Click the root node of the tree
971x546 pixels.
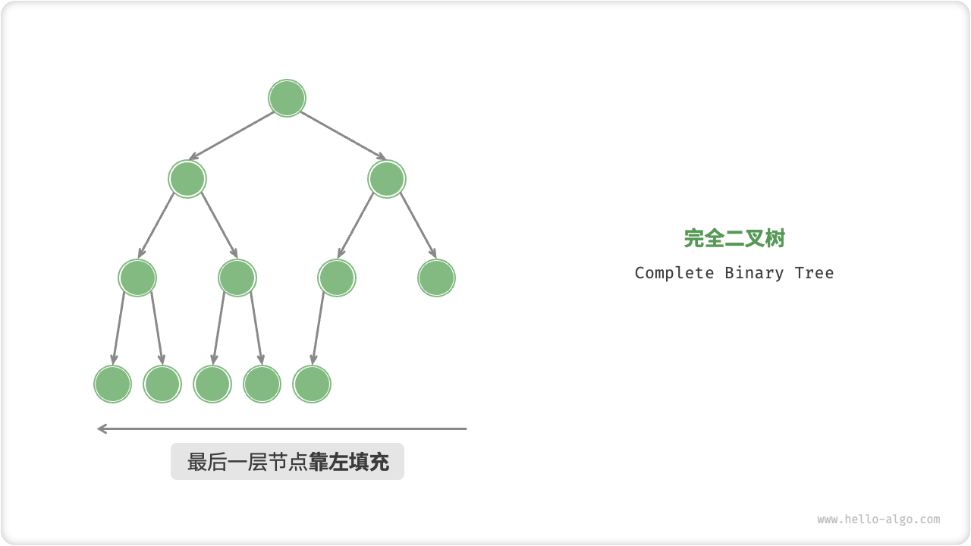287,98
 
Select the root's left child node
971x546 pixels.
187,179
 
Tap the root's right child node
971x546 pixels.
387,179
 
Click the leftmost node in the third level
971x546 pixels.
137,278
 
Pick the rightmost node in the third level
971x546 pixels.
436,278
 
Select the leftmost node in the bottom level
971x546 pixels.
112,384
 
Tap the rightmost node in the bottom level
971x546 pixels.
312,384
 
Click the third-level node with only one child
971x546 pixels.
337,278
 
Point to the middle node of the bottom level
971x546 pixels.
212,384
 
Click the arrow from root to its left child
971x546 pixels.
231,136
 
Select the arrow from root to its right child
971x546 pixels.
343,136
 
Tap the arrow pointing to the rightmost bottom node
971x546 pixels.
318,328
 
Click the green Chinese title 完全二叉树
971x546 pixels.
734,238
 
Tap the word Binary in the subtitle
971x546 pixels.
754,273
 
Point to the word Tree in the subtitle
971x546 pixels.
814,273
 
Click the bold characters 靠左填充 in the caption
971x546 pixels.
349,462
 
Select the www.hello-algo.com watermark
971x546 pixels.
878,519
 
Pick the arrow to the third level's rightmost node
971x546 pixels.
419,225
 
